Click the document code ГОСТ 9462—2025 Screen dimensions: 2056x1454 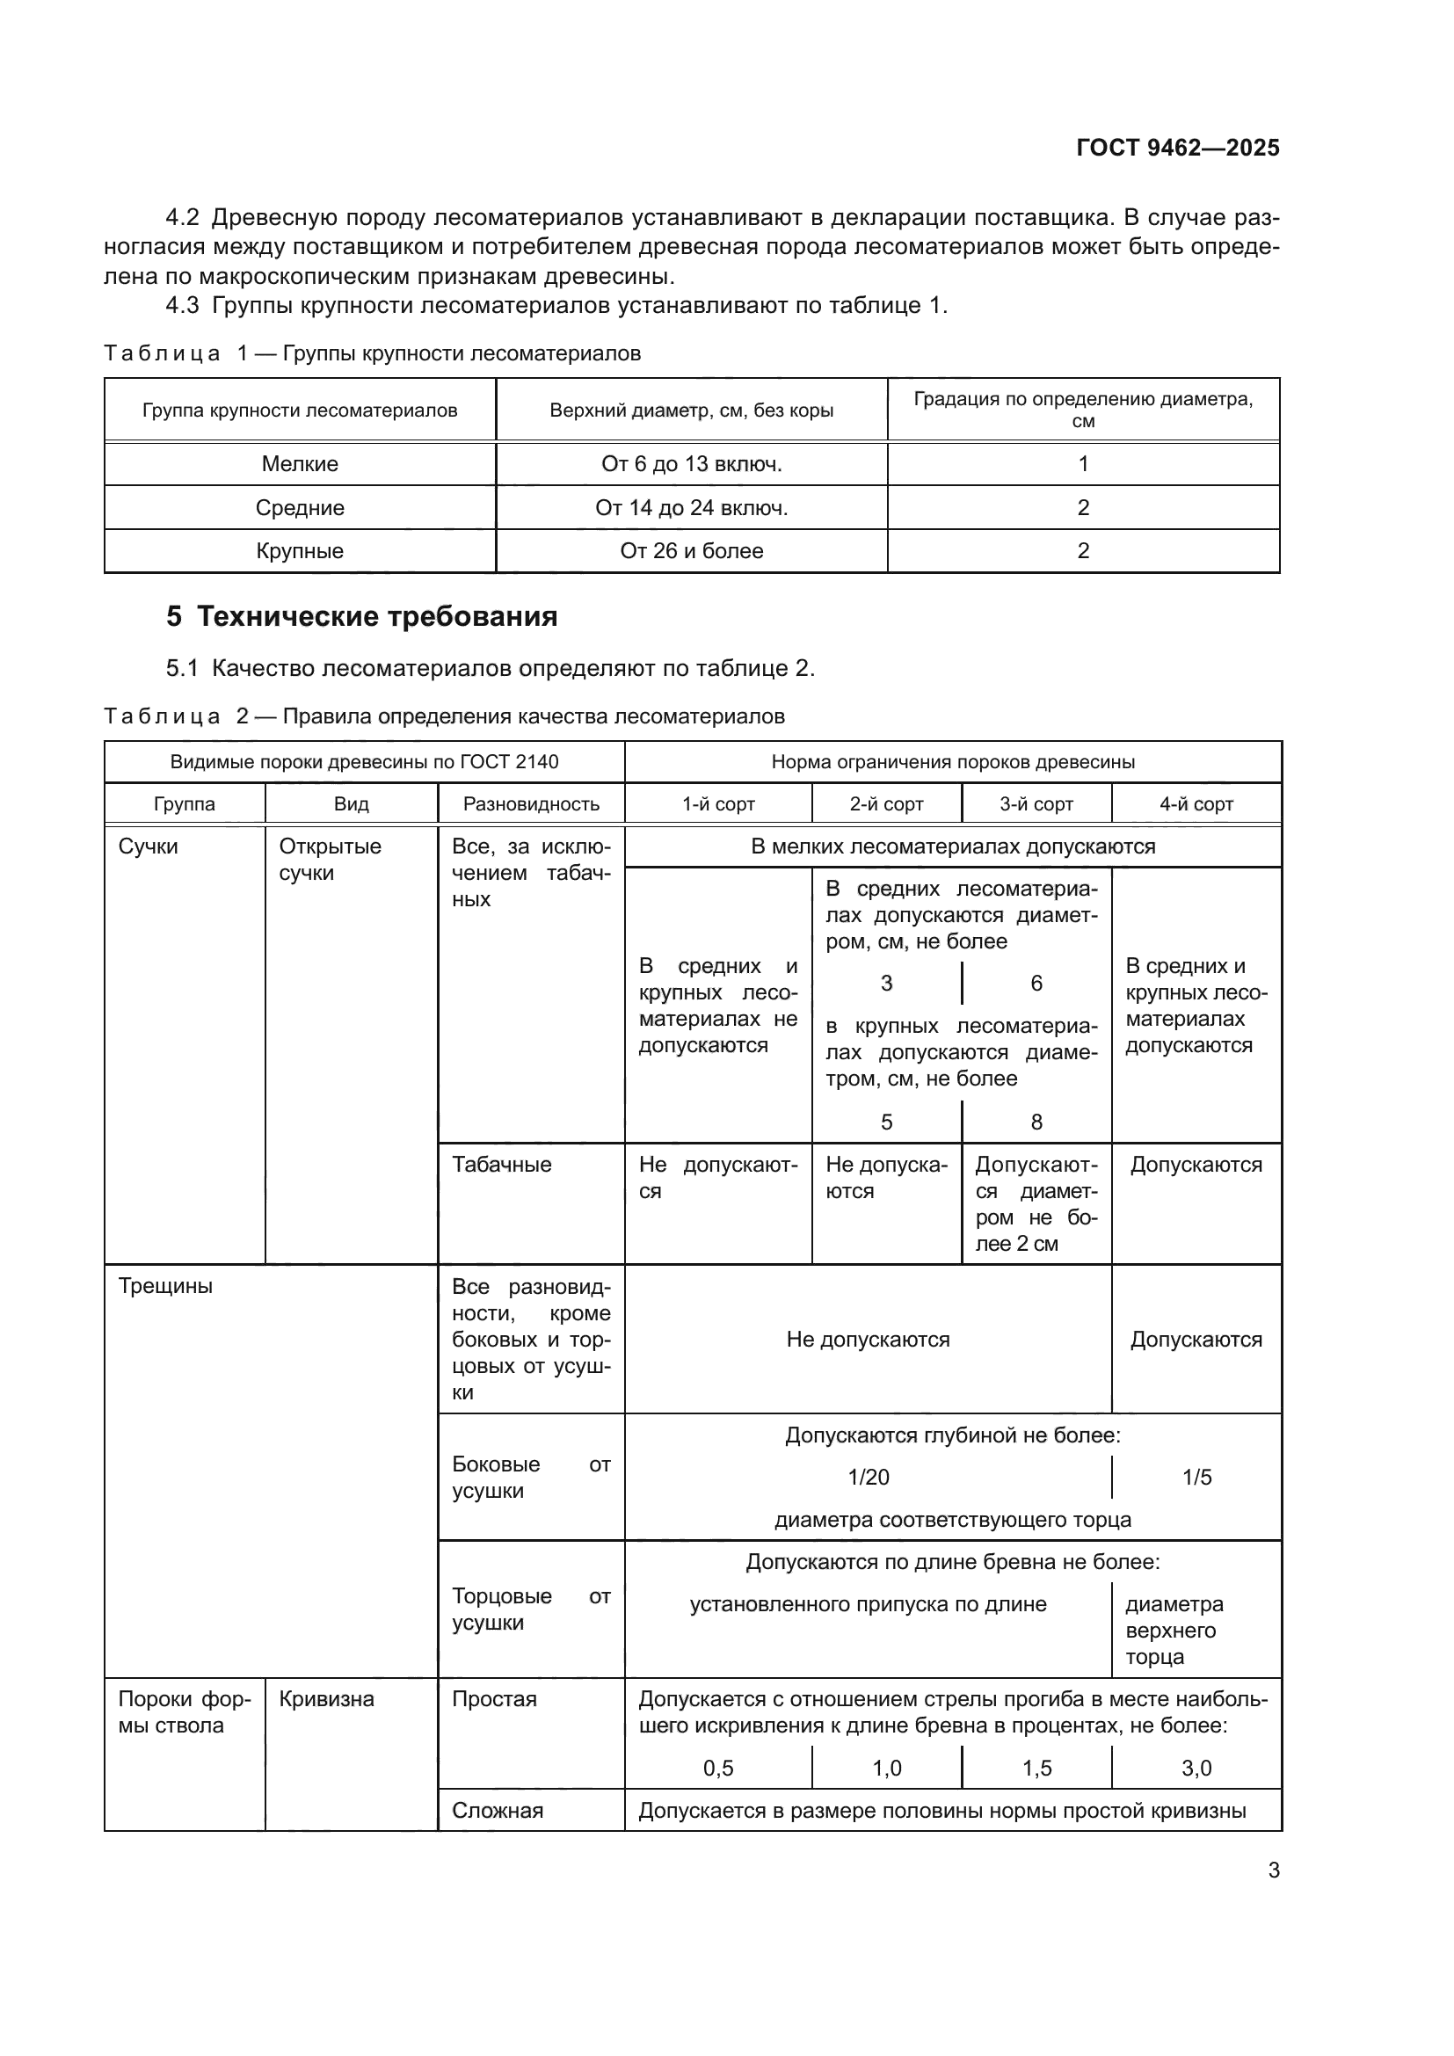click(x=1177, y=148)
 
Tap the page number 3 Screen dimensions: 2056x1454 click(x=1273, y=1870)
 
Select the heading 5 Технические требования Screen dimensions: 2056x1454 click(x=361, y=617)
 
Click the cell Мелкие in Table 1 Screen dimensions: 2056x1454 click(x=300, y=464)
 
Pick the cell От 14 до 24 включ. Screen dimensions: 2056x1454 click(x=691, y=508)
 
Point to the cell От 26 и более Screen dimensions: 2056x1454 click(x=691, y=551)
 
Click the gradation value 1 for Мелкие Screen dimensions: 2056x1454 click(x=1082, y=464)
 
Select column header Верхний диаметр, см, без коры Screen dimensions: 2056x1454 click(x=691, y=410)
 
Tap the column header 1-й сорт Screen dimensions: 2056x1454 click(x=718, y=804)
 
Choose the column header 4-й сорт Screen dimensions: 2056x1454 click(x=1196, y=804)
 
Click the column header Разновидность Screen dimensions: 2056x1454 click(x=531, y=804)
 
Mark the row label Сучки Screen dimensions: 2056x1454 click(x=149, y=846)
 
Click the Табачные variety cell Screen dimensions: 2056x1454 click(x=501, y=1164)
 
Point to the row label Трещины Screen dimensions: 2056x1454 click(x=165, y=1286)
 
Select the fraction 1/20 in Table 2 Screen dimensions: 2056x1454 click(x=869, y=1477)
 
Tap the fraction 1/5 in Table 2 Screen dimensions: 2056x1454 click(x=1196, y=1477)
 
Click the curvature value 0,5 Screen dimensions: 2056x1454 click(x=718, y=1768)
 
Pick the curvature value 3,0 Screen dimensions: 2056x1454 click(x=1196, y=1768)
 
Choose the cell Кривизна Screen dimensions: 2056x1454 click(x=326, y=1699)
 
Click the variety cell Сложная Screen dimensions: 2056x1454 click(x=497, y=1811)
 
